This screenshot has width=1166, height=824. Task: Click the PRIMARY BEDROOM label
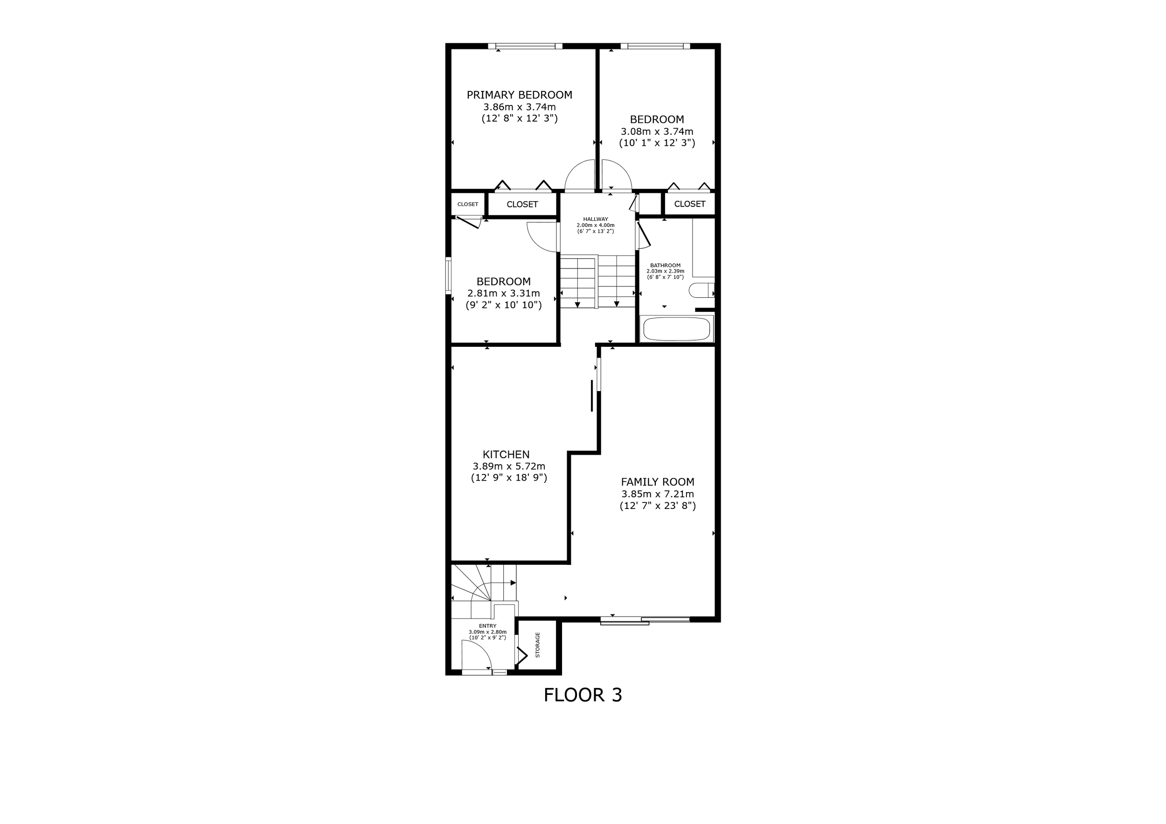519,95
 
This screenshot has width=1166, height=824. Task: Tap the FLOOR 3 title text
583,694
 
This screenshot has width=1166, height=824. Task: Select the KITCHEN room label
506,454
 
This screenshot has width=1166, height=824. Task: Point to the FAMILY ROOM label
657,482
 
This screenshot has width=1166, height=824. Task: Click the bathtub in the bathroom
676,329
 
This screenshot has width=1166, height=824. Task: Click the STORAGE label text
538,645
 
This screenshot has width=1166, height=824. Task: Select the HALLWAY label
595,219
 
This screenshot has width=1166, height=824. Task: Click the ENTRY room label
487,626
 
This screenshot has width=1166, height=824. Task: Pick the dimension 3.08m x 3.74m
657,131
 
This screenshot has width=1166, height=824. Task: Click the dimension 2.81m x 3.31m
503,293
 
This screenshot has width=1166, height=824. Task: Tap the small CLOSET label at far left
467,205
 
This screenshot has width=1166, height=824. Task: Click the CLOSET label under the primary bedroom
522,205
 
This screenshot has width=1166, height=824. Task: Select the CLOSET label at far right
689,204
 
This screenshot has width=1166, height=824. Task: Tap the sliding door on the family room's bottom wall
645,619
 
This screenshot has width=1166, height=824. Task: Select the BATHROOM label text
665,265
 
